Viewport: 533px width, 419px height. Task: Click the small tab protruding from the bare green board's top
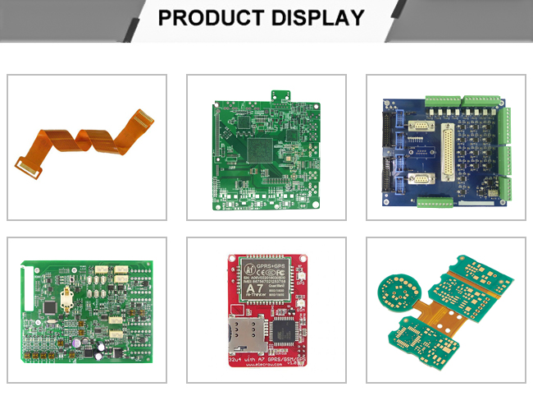click(x=281, y=96)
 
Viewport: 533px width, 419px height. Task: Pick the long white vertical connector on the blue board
click(x=449, y=153)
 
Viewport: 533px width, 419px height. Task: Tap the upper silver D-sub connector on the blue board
click(x=419, y=127)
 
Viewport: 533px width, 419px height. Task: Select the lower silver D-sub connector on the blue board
click(x=418, y=180)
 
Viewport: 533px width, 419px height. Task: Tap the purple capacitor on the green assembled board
click(x=76, y=337)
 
